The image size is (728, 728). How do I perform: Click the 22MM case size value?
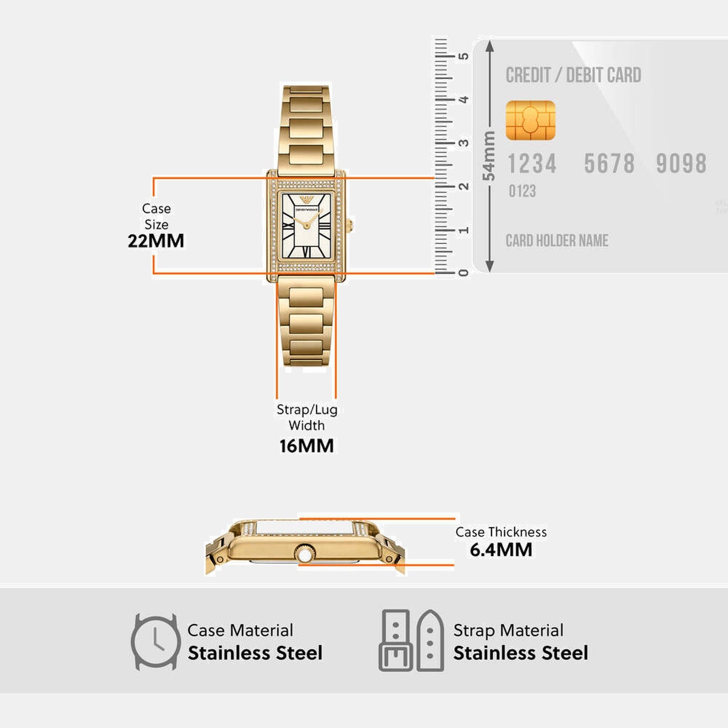(x=156, y=241)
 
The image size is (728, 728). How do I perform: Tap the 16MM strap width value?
(x=306, y=446)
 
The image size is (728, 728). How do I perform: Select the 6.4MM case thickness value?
(x=501, y=550)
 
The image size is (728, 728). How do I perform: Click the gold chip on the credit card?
(x=530, y=120)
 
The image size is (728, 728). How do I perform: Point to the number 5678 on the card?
(x=609, y=164)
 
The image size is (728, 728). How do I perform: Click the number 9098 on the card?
(x=681, y=164)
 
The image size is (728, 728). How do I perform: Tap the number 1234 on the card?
(x=532, y=164)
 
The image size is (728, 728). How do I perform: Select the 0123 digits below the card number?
(x=522, y=191)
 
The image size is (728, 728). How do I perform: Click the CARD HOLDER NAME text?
(x=557, y=241)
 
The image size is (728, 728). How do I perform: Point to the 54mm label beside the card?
(x=489, y=155)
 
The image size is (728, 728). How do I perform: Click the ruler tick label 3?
(x=464, y=143)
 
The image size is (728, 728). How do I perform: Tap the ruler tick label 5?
(x=464, y=56)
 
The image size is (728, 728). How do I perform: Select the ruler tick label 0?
(x=464, y=273)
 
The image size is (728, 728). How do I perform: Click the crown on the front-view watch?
(x=350, y=225)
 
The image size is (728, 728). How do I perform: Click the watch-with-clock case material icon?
(x=155, y=642)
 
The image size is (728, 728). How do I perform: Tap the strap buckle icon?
(x=396, y=641)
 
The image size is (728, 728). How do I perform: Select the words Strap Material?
(x=508, y=630)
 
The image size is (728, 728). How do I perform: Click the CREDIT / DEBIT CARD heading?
(x=573, y=75)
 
